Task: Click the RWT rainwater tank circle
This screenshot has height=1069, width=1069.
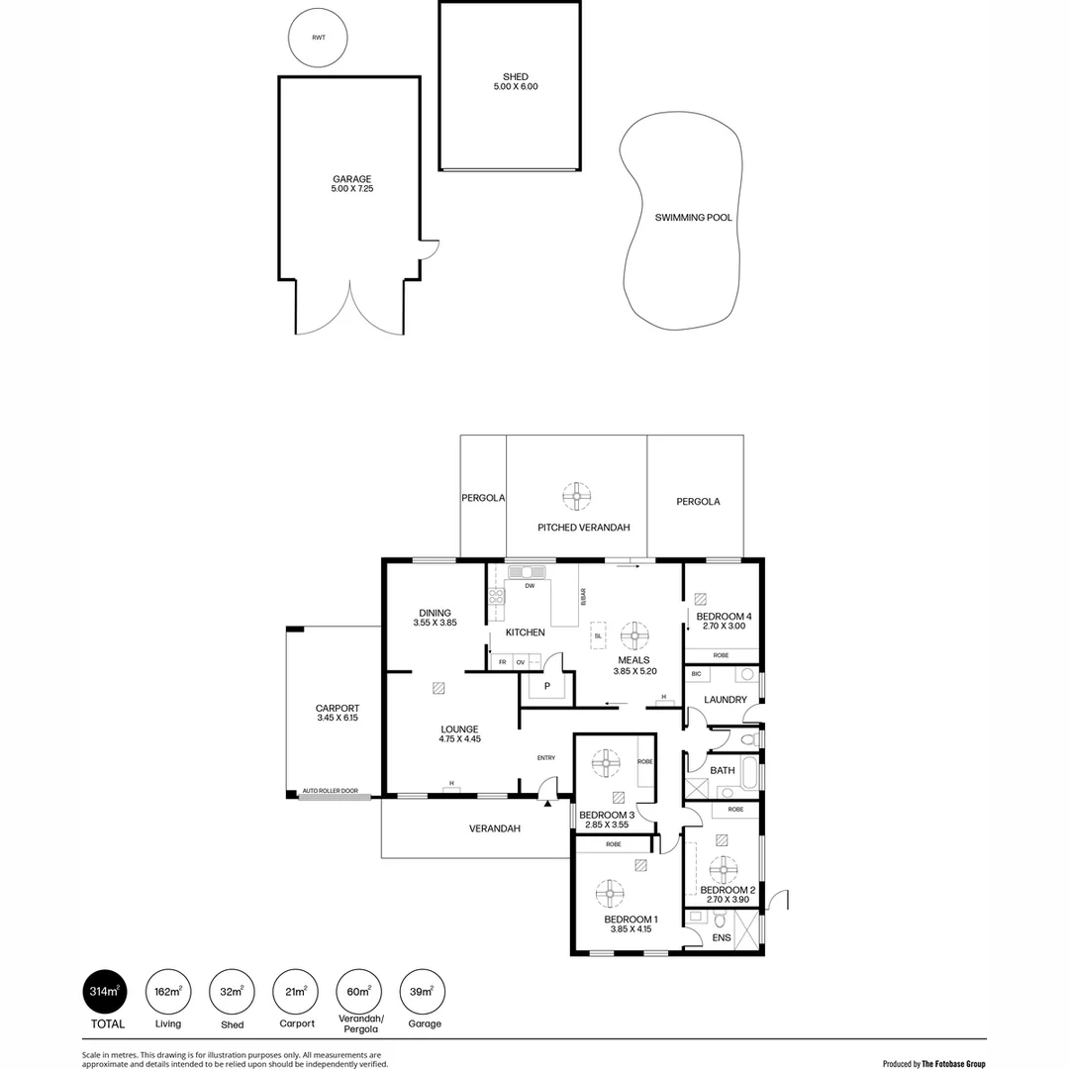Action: tap(318, 39)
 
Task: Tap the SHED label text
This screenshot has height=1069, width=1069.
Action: tap(516, 77)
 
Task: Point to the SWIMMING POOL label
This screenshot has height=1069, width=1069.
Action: tap(693, 217)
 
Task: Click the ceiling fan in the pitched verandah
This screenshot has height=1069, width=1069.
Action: tap(577, 496)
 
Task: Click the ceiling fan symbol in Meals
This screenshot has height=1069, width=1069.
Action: tap(634, 634)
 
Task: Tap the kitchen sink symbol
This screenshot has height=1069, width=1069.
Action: tap(527, 572)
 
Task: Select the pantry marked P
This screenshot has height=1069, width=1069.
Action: tap(546, 686)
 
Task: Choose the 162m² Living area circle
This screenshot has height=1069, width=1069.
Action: tap(168, 991)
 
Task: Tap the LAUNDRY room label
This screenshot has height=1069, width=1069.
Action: tap(725, 700)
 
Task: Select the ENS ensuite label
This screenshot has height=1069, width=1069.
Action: tap(721, 937)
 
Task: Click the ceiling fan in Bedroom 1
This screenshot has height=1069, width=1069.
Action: tap(610, 894)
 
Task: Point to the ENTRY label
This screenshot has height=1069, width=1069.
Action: tap(546, 758)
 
